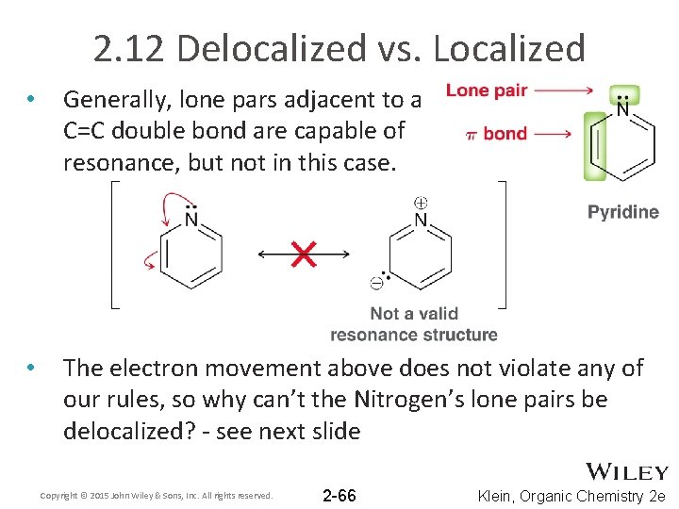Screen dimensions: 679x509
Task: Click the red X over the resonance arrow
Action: pos(304,254)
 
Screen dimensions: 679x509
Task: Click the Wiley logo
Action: pos(627,471)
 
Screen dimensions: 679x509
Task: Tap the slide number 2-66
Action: pos(339,495)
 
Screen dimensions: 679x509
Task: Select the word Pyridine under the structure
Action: pos(623,212)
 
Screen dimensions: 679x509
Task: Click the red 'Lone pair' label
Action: pos(487,90)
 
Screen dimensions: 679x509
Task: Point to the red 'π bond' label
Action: pos(497,133)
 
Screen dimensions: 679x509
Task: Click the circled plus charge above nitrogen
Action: pos(421,202)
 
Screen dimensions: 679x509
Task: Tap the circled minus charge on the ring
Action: pos(375,281)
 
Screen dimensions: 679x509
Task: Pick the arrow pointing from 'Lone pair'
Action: pos(564,90)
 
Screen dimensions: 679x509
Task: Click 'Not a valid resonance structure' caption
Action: pos(414,324)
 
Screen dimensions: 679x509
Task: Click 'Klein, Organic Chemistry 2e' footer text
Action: pos(571,496)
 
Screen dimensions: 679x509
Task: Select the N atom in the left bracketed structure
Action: pos(191,221)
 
